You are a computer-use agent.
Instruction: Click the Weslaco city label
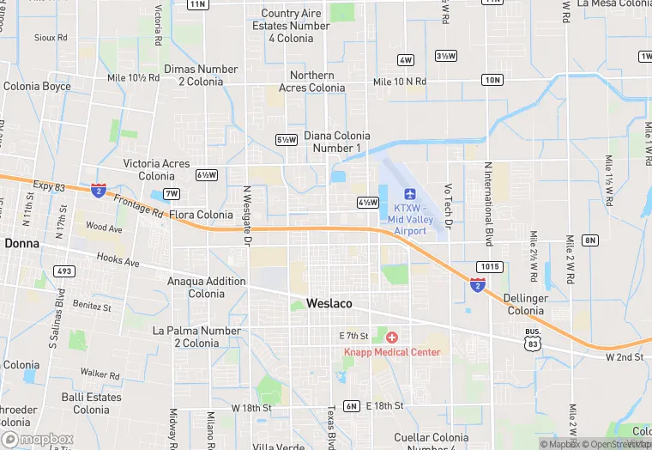(329, 303)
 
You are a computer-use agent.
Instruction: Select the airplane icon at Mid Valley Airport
(410, 193)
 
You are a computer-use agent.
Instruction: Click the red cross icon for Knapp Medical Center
(392, 337)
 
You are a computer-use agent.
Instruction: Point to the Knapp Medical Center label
(392, 352)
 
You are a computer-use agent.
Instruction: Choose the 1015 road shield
(489, 266)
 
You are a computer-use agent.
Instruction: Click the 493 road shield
(63, 271)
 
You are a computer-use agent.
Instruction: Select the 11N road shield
(197, 4)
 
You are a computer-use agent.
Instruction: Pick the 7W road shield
(172, 193)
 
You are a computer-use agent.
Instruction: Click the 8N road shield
(589, 240)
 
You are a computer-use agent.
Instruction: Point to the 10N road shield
(492, 80)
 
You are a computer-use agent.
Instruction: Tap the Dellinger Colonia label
(525, 305)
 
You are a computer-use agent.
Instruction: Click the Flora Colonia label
(201, 215)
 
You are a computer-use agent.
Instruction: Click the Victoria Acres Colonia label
(156, 169)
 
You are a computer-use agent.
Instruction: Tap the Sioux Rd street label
(51, 38)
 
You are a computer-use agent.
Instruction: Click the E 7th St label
(353, 336)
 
